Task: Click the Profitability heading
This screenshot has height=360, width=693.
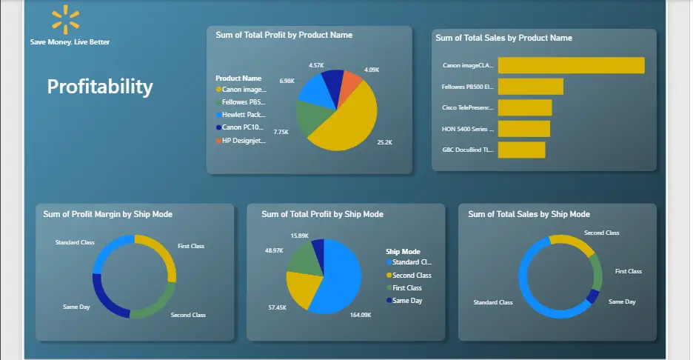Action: (x=100, y=87)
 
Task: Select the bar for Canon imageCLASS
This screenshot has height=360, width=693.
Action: (x=571, y=65)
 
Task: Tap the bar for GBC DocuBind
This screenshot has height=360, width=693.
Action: (x=521, y=150)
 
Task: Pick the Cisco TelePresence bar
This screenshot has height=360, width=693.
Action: (x=525, y=107)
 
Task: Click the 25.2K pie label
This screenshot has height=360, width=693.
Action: (x=385, y=142)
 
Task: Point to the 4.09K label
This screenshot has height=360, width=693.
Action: (x=372, y=70)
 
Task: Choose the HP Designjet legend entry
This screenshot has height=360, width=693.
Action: (x=244, y=141)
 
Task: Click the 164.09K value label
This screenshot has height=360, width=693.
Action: (x=361, y=315)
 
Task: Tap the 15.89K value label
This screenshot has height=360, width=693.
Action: (x=299, y=236)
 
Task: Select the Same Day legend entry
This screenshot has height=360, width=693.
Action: (x=407, y=300)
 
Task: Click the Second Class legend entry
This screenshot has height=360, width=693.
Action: (x=412, y=275)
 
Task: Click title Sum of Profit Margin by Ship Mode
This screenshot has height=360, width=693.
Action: (x=108, y=214)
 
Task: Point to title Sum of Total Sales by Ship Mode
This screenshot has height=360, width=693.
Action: (x=529, y=214)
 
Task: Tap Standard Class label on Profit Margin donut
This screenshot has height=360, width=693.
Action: (x=75, y=242)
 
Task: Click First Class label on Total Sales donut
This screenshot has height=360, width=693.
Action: (x=629, y=271)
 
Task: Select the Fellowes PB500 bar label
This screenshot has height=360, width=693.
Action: (x=467, y=87)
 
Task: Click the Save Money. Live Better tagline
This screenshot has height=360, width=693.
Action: (x=70, y=42)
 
